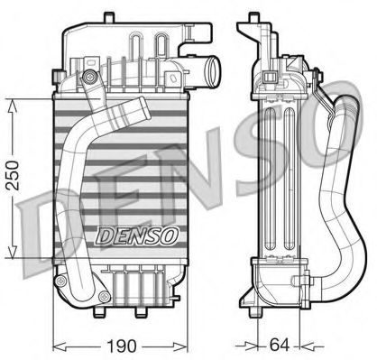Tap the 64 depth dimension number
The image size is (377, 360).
(x=280, y=344)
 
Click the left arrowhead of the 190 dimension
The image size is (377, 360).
(x=56, y=344)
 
